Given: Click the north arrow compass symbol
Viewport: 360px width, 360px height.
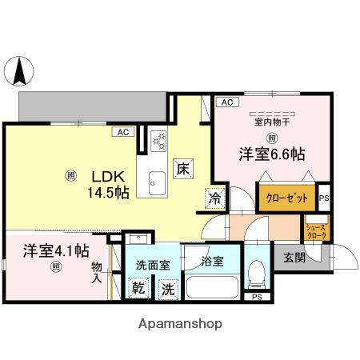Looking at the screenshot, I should tap(20, 74).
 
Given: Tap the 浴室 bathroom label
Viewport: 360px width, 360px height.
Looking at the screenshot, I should tap(212, 260).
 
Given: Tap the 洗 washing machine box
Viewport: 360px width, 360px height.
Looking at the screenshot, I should tap(168, 288).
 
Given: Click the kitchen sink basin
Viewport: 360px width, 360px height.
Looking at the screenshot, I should tap(156, 179).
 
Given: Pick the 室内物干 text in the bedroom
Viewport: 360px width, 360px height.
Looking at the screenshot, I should tap(272, 122).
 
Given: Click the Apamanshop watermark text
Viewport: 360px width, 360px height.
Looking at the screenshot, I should tap(182, 324).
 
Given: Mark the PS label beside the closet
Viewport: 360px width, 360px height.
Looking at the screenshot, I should tap(324, 198).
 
